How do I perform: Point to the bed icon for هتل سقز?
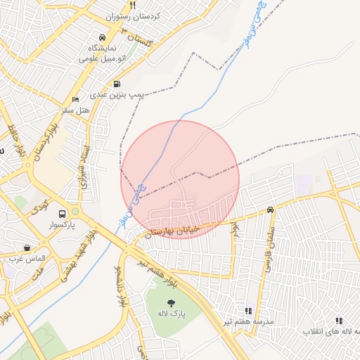[76, 100]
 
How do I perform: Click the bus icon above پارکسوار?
[63, 214]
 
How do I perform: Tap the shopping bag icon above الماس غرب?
[27, 247]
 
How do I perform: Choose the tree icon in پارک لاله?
[172, 303]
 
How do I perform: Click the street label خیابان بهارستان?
[172, 229]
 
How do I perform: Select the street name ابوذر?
[236, 230]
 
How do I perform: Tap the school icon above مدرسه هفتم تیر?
[247, 311]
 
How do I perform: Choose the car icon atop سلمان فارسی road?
[271, 210]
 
